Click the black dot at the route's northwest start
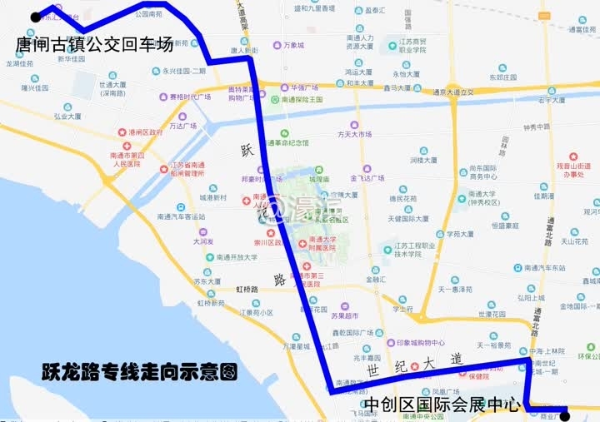(x=35, y=17)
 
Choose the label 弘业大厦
(x=67, y=117)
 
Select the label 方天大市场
(x=355, y=134)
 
